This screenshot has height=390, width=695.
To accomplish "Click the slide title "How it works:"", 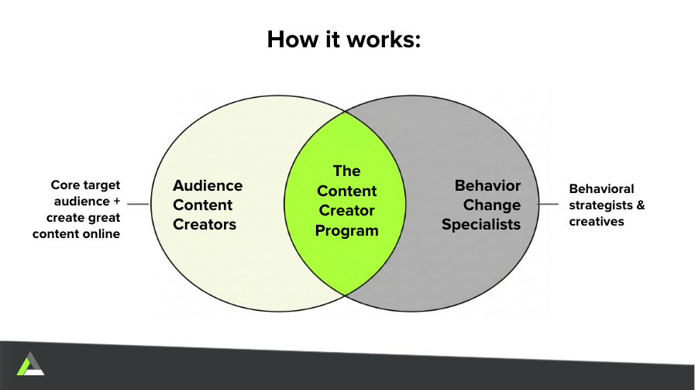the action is (x=343, y=40).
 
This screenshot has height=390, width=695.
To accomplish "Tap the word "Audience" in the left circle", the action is (x=208, y=185).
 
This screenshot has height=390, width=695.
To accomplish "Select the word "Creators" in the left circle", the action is (x=205, y=225).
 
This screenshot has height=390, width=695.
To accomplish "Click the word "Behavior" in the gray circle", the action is (x=487, y=185).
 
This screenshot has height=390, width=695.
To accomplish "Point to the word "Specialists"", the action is (x=481, y=225).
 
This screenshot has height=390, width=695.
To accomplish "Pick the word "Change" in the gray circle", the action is (x=492, y=205).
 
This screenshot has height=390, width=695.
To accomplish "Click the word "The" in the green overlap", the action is (x=346, y=171).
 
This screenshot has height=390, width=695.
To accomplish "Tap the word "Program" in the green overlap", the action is (x=346, y=231).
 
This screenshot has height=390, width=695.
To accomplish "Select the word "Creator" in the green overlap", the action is (x=346, y=211).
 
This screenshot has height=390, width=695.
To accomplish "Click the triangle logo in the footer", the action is (x=30, y=364).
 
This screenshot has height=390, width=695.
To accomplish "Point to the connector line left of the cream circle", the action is (x=138, y=204).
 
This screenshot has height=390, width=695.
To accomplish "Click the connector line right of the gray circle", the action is (x=549, y=204).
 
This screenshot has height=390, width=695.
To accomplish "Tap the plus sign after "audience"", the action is (x=116, y=202).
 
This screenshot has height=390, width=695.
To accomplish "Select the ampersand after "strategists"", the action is (x=641, y=205).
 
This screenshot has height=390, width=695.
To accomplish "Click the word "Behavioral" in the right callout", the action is (x=601, y=189).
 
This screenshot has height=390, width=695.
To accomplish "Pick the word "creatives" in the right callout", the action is (x=597, y=222).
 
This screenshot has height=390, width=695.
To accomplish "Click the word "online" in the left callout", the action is (x=103, y=234).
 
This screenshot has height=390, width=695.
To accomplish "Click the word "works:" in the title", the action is (x=384, y=40).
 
